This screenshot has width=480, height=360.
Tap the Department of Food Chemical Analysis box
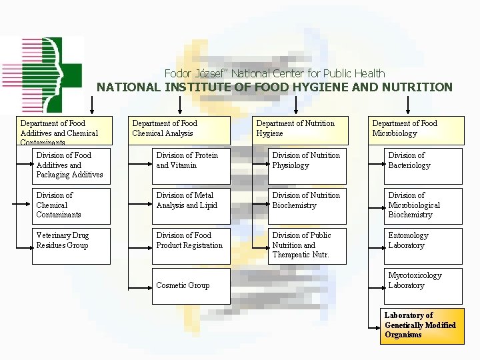[x=181, y=129]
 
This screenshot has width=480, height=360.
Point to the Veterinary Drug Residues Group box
[x=71, y=245]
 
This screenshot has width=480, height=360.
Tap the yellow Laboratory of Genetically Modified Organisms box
[x=423, y=325]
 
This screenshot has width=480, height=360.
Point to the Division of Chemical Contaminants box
[x=71, y=206]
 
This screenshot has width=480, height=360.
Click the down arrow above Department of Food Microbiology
[x=408, y=104]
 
